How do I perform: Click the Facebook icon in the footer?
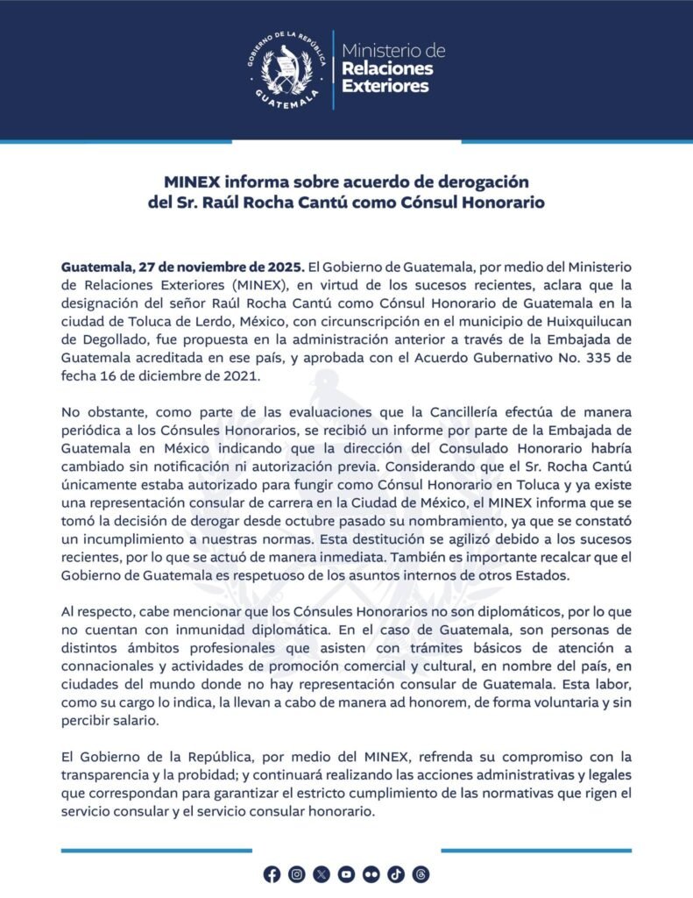tap(272, 873)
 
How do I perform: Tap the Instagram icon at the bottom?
tap(297, 873)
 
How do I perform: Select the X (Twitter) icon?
tap(322, 873)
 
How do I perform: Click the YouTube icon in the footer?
tap(346, 873)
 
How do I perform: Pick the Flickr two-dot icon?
tap(371, 873)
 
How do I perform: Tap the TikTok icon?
tap(395, 873)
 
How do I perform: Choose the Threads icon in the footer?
tap(421, 873)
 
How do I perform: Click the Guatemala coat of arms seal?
tap(286, 68)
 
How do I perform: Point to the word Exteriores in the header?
tap(385, 86)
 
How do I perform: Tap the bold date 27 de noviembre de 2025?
tap(220, 265)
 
